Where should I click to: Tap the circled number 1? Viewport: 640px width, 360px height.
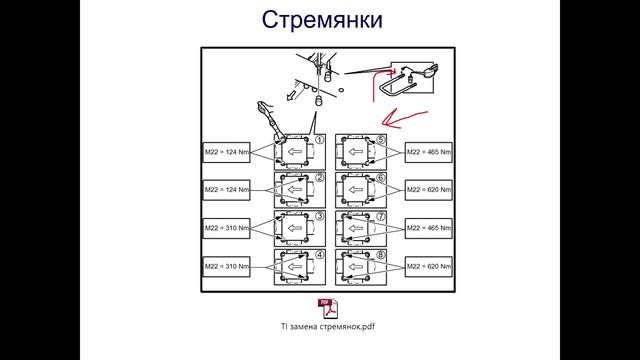[319, 140]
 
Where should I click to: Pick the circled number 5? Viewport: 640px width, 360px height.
[380, 140]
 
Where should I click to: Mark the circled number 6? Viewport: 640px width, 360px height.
[380, 178]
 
